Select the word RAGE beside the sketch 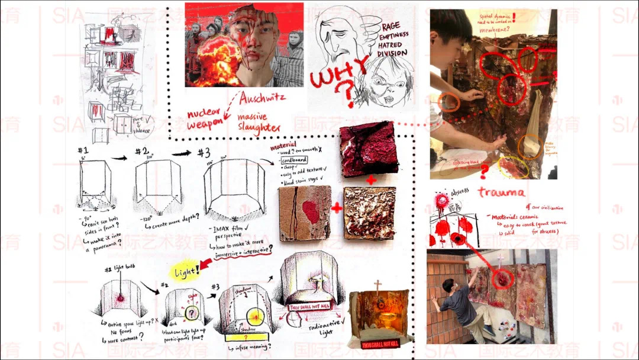tap(390, 26)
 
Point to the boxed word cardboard tap(293, 160)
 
